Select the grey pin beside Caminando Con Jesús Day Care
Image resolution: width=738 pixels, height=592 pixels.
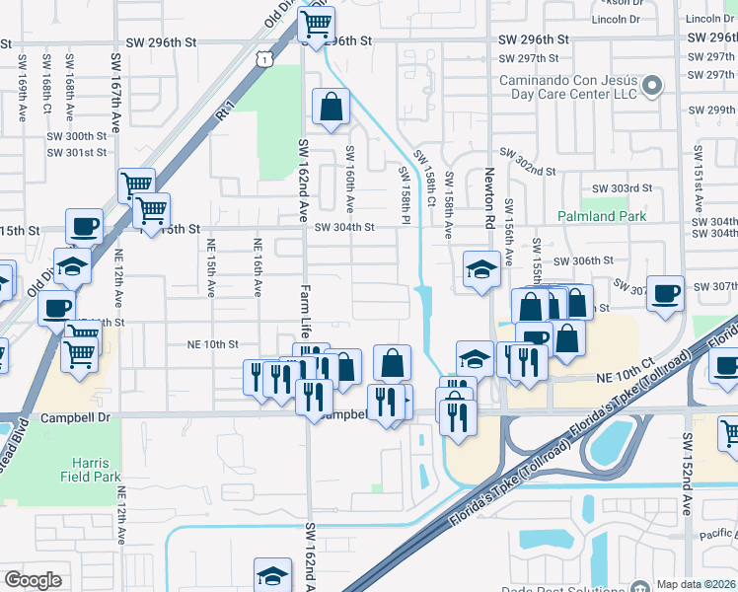click(x=651, y=88)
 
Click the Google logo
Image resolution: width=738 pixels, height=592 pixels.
click(x=33, y=580)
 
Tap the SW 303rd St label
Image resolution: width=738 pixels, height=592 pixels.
click(x=622, y=187)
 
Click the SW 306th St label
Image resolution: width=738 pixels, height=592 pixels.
click(x=583, y=260)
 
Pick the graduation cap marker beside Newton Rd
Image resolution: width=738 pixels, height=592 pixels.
click(x=480, y=268)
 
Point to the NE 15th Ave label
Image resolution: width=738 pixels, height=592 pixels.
click(x=210, y=266)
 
